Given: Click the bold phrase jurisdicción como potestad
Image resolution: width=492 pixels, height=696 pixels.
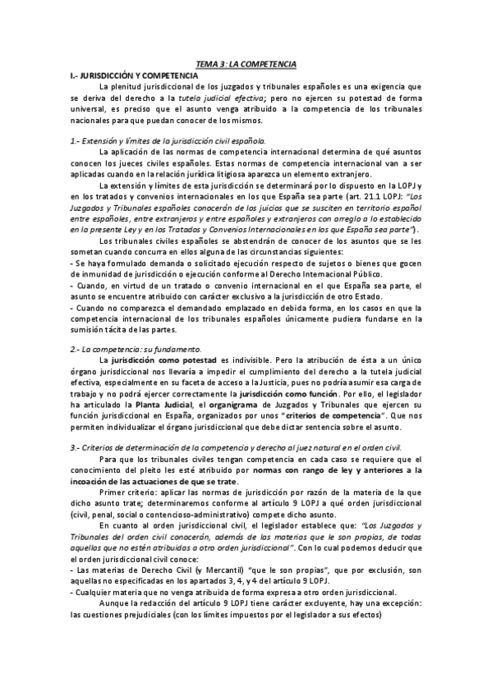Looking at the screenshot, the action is [x=159, y=360].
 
